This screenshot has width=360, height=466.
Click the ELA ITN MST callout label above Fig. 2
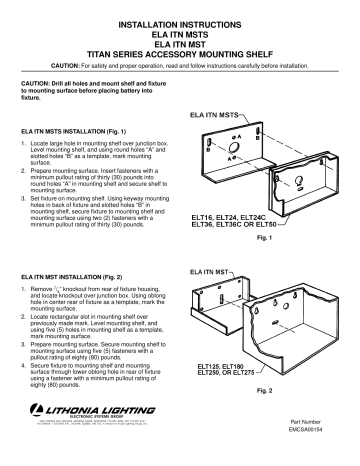pyautogui.click(x=207, y=270)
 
